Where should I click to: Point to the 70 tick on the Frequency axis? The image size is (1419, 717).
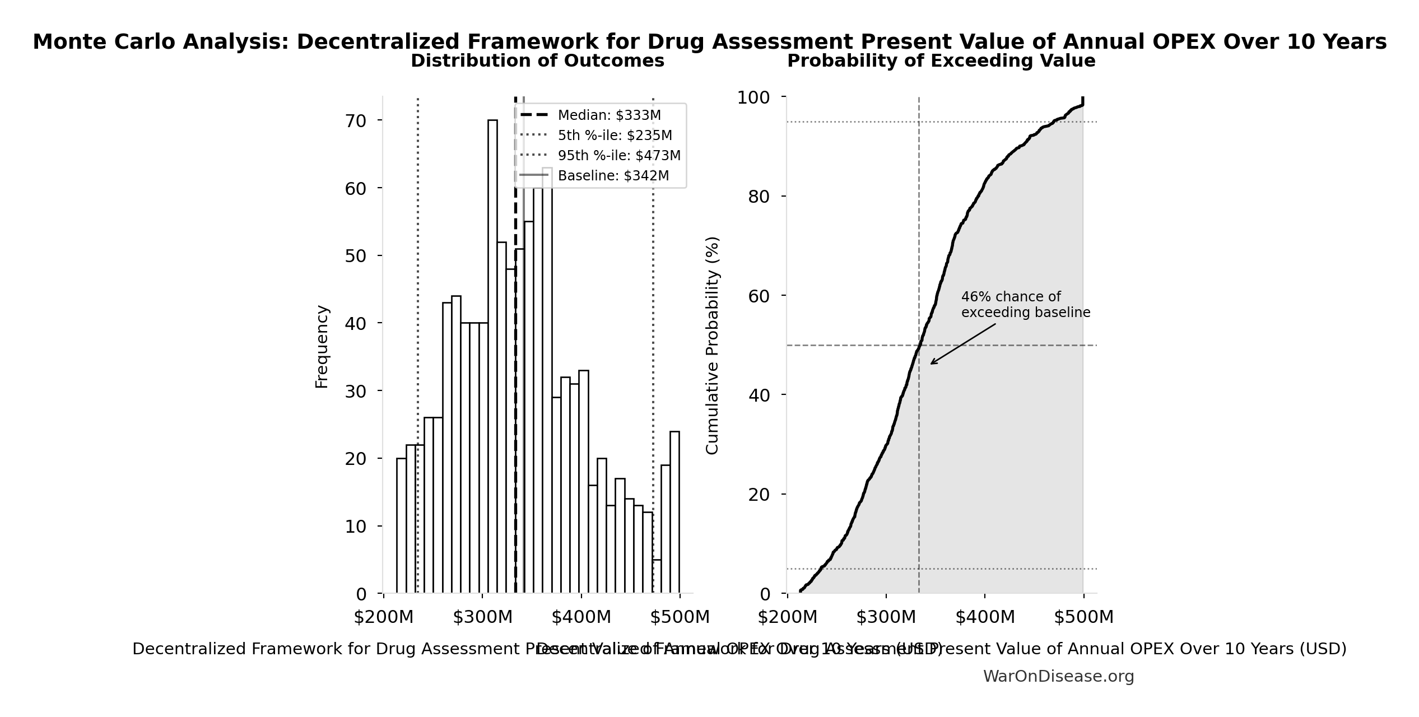pos(356,121)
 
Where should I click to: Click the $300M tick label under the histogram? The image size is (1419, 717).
pos(482,617)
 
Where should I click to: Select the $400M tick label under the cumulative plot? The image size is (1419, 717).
pos(985,617)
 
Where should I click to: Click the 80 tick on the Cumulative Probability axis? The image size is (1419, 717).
pos(759,197)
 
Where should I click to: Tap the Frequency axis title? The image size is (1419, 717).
pos(322,346)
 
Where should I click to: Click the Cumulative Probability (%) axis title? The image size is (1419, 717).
pos(712,345)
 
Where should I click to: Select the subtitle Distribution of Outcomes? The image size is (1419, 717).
pos(537,61)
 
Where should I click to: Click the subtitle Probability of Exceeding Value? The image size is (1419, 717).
pos(941,61)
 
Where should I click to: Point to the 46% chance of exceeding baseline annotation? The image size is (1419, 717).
pos(1025,305)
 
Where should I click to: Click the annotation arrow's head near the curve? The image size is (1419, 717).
pos(932,363)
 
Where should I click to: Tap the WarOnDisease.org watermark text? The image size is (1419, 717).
pos(1058,677)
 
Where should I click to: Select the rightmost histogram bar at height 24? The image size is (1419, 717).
pos(674,512)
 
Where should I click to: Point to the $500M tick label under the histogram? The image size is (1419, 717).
pos(680,617)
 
